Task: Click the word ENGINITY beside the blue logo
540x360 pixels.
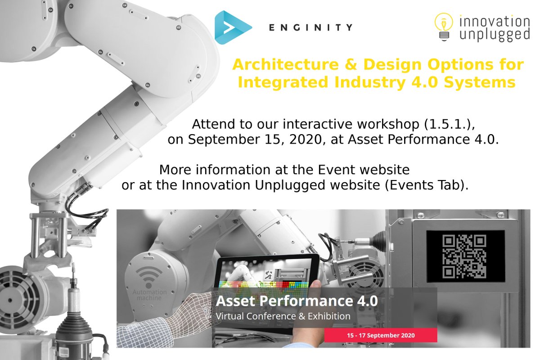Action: coord(310,28)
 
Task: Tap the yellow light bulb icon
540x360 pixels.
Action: coord(444,27)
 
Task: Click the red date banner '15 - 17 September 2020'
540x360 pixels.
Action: coord(381,335)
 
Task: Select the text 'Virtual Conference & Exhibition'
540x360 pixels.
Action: coord(283,316)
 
